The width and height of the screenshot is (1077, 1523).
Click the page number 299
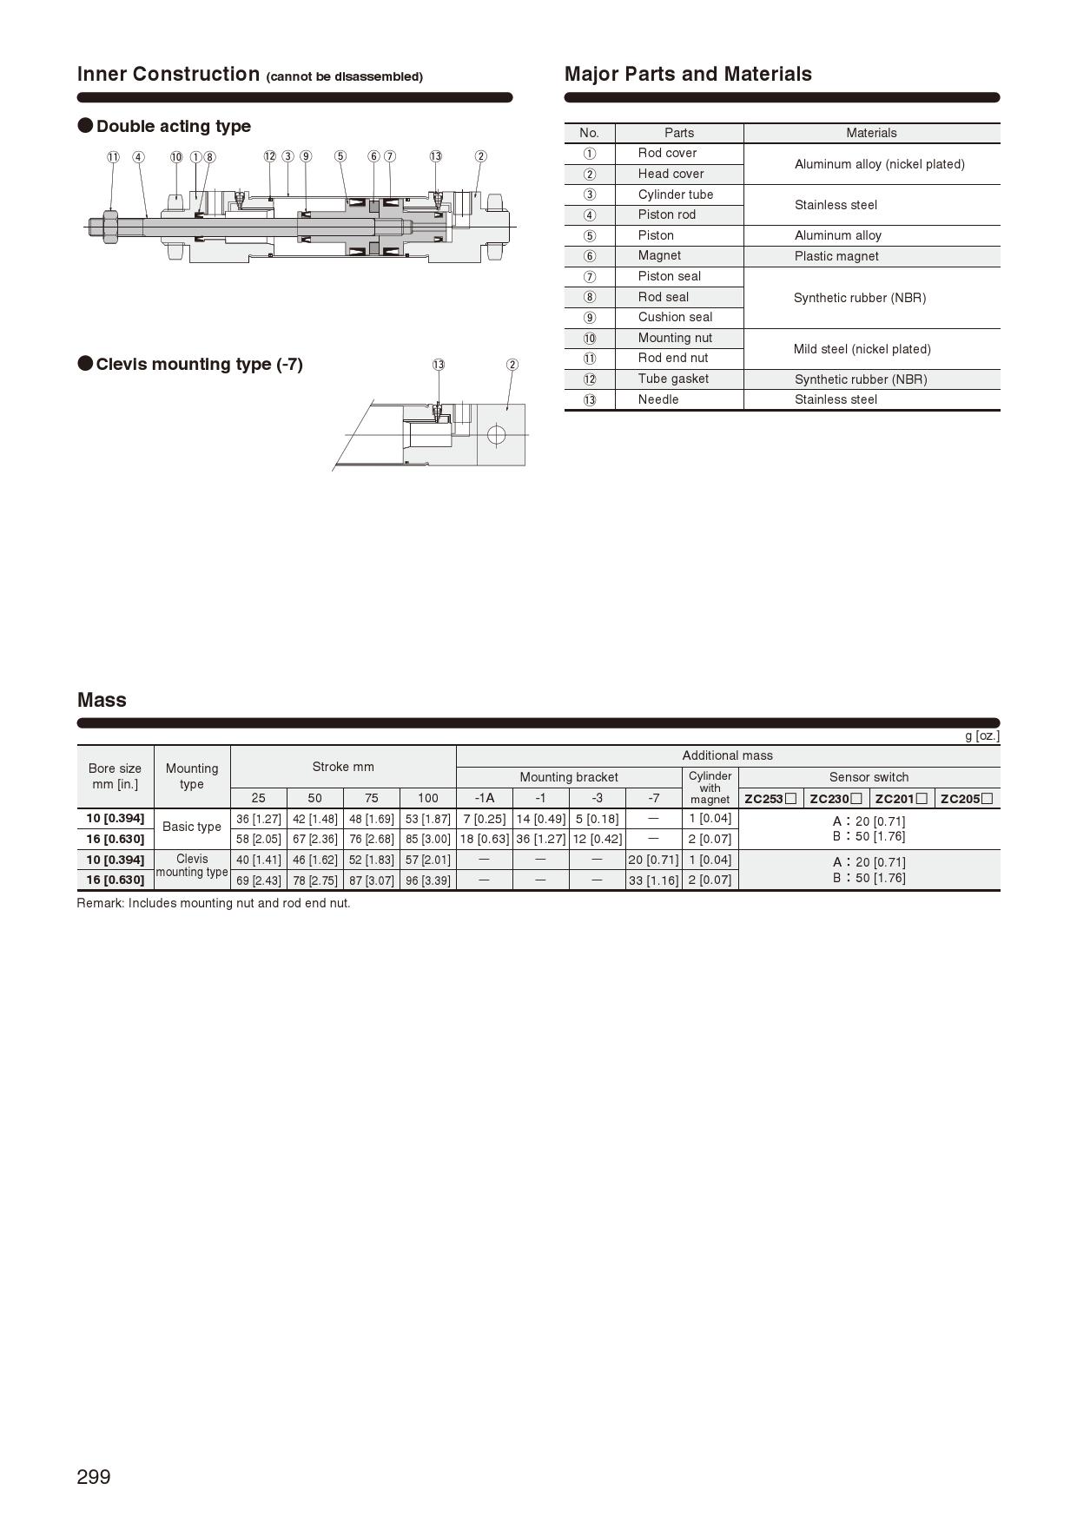94,1477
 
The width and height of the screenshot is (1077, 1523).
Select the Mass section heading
102,700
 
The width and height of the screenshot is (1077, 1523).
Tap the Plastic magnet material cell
836,256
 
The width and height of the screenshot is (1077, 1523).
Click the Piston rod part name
666,214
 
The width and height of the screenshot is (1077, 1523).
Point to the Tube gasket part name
673,379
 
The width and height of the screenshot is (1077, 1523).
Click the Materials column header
871,133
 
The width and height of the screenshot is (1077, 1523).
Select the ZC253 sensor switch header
770,799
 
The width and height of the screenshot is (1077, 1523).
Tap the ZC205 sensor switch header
967,799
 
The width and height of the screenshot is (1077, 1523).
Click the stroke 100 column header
427,798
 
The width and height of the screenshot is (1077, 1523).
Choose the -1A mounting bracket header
484,798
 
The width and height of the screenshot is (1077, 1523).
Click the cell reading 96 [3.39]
427,880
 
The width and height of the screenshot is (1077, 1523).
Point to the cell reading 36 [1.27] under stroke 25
258,819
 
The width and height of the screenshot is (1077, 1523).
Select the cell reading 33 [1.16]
653,880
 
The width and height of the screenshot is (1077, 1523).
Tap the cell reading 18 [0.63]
484,840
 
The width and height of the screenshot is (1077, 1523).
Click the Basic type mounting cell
192,827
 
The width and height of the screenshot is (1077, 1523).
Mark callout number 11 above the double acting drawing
113,157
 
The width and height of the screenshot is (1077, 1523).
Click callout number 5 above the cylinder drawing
340,156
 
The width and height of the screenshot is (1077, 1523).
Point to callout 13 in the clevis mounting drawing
439,365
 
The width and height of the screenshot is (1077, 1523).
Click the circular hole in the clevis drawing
496,434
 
